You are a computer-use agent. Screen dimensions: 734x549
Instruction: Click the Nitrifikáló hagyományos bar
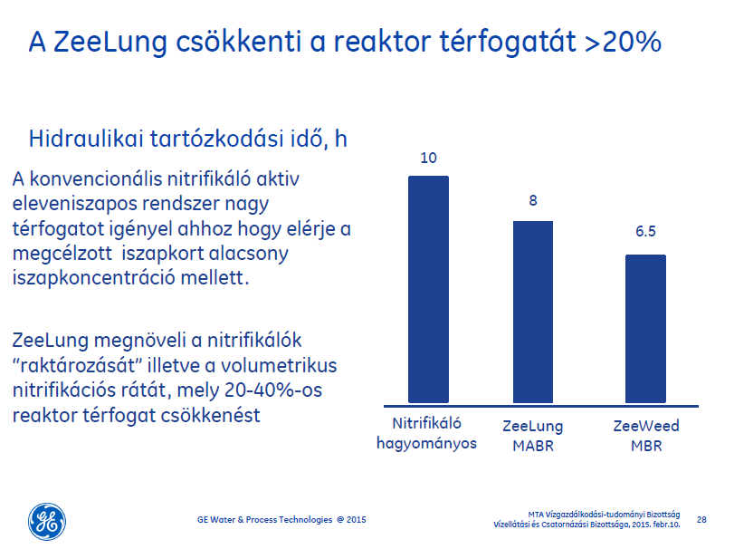[428, 290]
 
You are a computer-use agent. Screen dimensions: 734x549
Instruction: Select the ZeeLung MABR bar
[533, 312]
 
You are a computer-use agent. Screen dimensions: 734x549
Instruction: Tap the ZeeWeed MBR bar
[645, 329]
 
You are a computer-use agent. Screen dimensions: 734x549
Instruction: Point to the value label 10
[428, 158]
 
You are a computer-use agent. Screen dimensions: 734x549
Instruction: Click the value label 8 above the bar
[533, 200]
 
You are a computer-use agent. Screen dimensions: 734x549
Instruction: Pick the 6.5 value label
[645, 231]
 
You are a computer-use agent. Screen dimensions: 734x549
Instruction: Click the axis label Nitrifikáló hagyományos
[426, 433]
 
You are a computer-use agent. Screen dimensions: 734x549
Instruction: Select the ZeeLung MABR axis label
[533, 436]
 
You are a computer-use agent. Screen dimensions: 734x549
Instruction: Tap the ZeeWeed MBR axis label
[646, 436]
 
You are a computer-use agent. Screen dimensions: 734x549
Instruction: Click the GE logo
[47, 521]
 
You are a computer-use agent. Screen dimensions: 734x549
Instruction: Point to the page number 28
[701, 519]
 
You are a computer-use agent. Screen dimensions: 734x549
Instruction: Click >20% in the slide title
[623, 42]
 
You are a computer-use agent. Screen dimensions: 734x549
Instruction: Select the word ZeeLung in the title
[110, 43]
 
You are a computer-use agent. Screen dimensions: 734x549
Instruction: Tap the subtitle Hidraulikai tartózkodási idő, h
[187, 139]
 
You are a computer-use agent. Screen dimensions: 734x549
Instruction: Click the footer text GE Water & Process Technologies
[264, 519]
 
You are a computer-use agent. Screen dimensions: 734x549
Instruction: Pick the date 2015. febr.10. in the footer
[656, 525]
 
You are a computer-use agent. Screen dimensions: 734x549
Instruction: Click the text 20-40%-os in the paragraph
[273, 390]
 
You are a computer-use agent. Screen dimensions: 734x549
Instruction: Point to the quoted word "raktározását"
[77, 365]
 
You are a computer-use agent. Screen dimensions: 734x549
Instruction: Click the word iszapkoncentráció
[93, 278]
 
